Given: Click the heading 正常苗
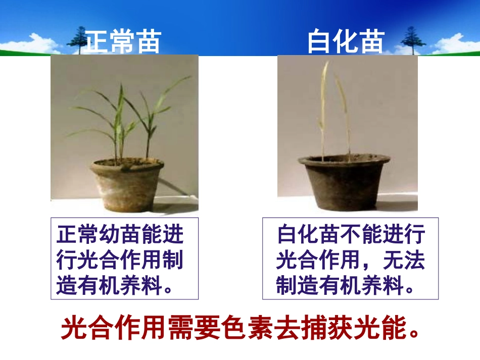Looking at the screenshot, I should click(123, 42).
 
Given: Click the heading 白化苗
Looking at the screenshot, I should click(347, 42).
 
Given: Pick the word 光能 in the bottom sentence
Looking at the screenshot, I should click(380, 329).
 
